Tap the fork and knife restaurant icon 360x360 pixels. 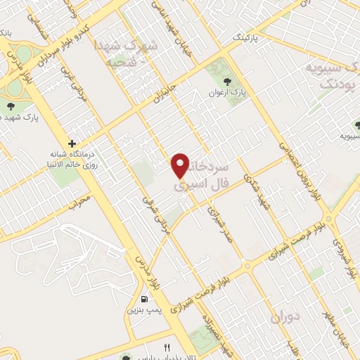coord(167,347)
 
